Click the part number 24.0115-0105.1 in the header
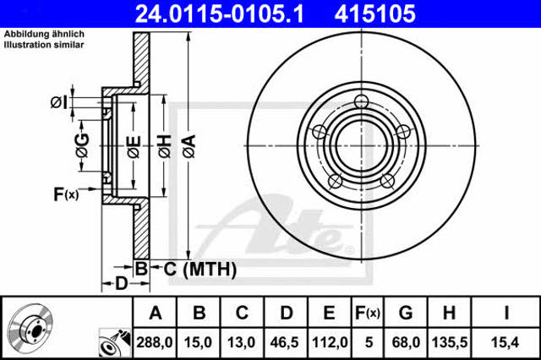(x=220, y=14)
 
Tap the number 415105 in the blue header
(x=375, y=14)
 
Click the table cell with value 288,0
(x=154, y=342)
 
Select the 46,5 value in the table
(x=284, y=342)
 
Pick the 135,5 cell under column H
(x=450, y=342)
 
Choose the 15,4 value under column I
(x=505, y=342)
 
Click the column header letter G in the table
(x=406, y=313)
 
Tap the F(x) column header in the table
(x=368, y=314)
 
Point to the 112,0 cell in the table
(x=330, y=342)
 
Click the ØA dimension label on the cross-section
(x=189, y=146)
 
